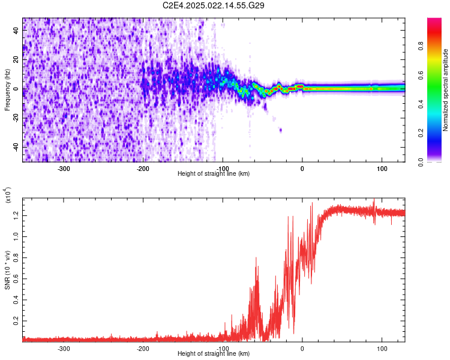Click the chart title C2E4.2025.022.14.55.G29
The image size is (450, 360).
(x=214, y=5)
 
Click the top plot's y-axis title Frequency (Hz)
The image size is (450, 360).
(x=7, y=89)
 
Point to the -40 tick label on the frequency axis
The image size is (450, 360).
(x=15, y=147)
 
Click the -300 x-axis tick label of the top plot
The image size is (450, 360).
(x=64, y=169)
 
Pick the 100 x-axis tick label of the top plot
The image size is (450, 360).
(x=382, y=169)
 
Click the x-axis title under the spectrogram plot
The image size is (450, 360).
(x=214, y=174)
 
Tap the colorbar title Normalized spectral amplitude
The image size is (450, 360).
(x=446, y=90)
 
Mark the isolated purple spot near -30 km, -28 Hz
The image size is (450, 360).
(x=280, y=130)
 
